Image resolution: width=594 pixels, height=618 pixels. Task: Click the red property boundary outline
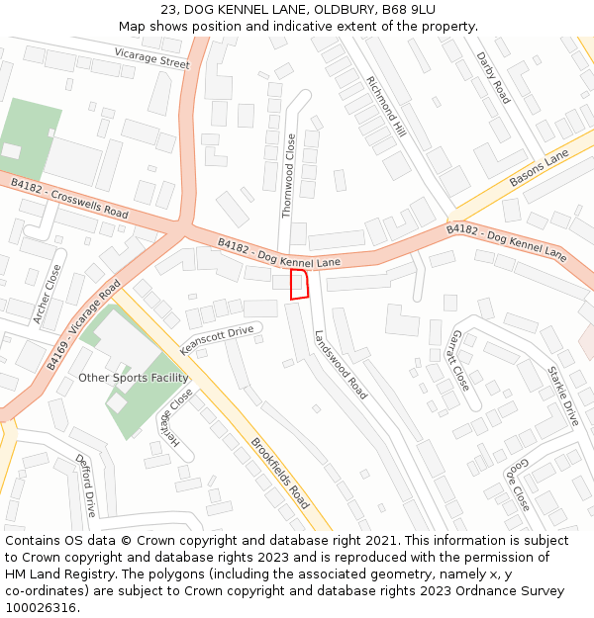tap(298, 284)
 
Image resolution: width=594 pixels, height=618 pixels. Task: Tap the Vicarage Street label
tap(151, 57)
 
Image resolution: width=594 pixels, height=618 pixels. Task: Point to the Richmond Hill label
tap(387, 106)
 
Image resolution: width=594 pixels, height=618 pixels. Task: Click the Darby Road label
tap(493, 78)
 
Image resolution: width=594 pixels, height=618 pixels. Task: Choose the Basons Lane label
tap(539, 169)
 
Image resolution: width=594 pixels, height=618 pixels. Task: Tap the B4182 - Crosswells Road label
tap(69, 199)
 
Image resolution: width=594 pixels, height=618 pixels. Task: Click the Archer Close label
tap(49, 294)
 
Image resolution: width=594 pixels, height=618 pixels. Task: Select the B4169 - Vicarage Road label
tap(83, 325)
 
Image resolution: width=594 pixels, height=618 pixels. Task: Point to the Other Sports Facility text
tap(133, 378)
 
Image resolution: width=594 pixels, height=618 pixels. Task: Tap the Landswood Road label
tap(341, 364)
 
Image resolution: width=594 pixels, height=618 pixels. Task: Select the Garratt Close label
tap(458, 360)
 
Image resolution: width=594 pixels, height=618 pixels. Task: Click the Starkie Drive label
tap(563, 396)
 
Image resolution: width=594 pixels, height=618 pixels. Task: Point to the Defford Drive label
tap(86, 485)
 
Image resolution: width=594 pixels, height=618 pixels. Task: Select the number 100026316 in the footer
tap(42, 607)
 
